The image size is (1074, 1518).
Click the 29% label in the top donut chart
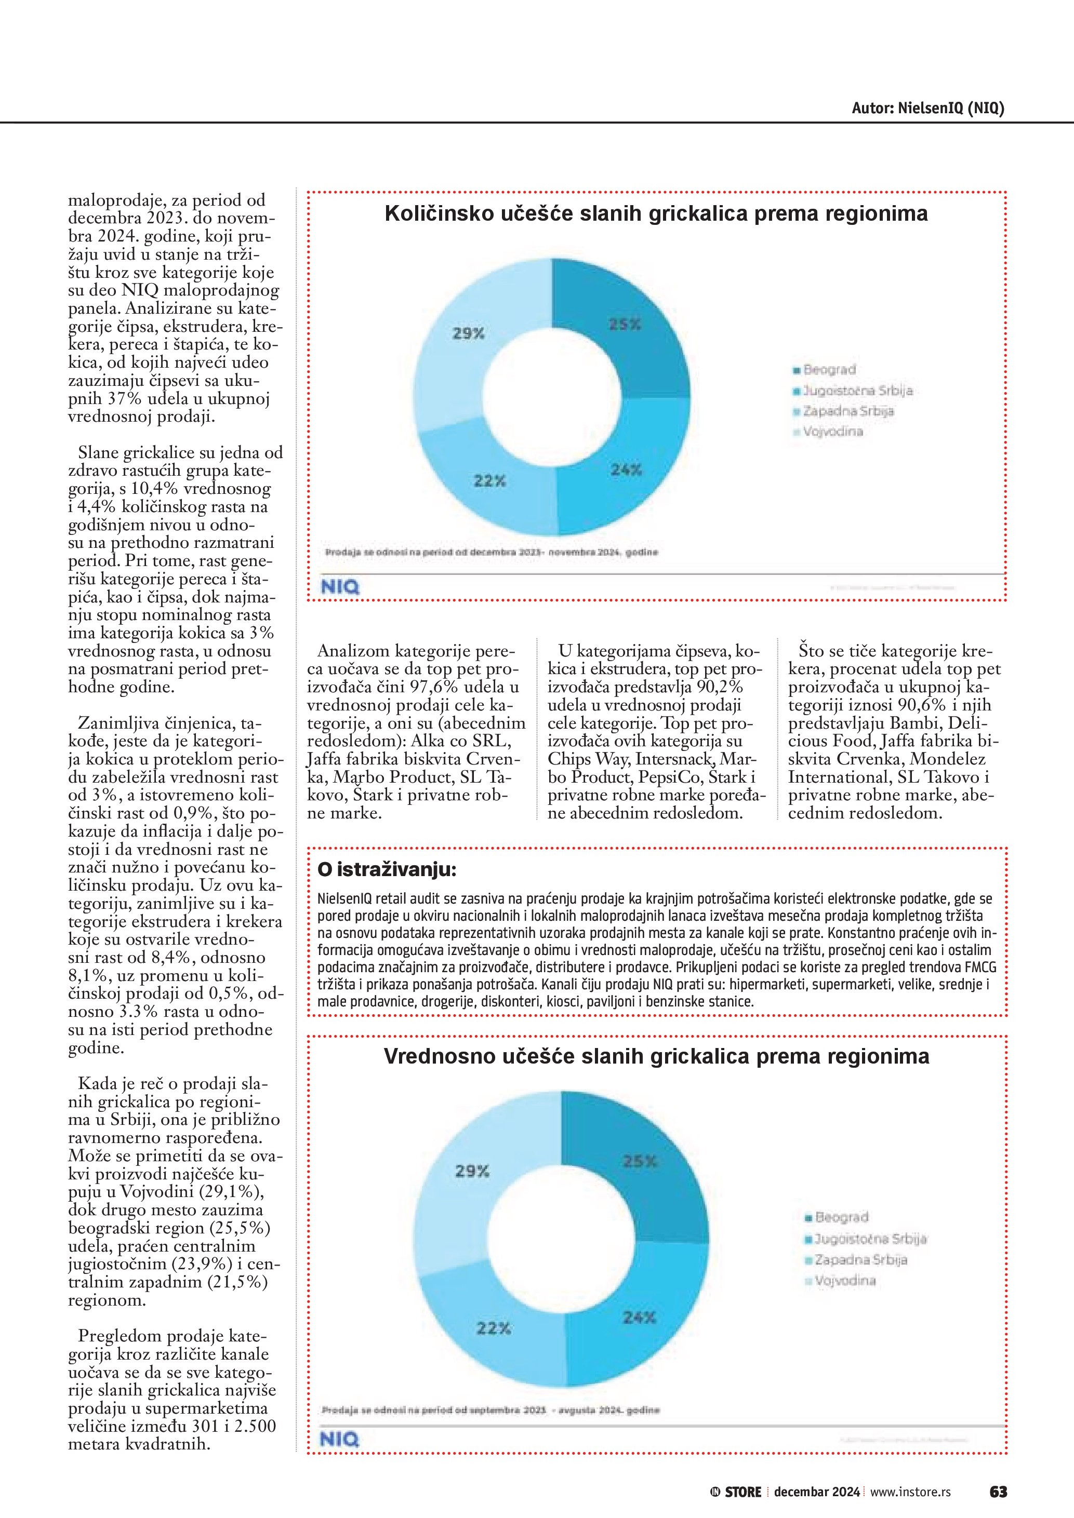point(468,334)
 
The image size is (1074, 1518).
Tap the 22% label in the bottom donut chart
point(493,1327)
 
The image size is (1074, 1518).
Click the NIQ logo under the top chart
point(340,586)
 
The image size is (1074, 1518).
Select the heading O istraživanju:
point(387,870)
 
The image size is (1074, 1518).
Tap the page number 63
point(998,1492)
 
